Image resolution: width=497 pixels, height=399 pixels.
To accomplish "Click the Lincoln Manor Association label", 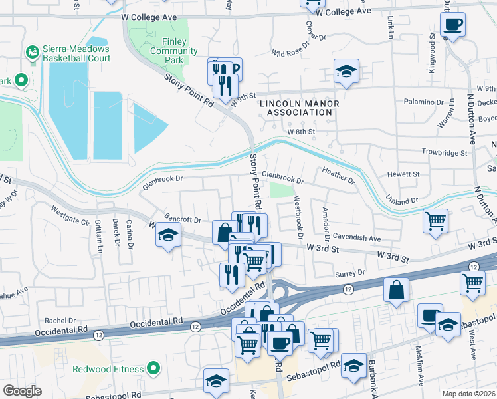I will [x=300, y=108].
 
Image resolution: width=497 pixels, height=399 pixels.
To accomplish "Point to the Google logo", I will [x=22, y=391].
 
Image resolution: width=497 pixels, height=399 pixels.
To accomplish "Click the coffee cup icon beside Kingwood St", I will [x=452, y=25].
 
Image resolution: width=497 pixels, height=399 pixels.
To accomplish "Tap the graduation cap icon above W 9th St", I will [x=346, y=71].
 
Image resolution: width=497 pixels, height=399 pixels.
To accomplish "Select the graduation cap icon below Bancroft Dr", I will [x=169, y=235].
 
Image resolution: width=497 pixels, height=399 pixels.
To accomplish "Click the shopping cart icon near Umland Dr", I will [x=436, y=220].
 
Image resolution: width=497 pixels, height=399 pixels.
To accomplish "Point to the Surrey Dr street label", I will [x=352, y=273].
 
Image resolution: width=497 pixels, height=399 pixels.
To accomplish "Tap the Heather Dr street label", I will [x=338, y=176].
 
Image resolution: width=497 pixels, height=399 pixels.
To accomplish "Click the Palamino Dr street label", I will [x=427, y=102].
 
